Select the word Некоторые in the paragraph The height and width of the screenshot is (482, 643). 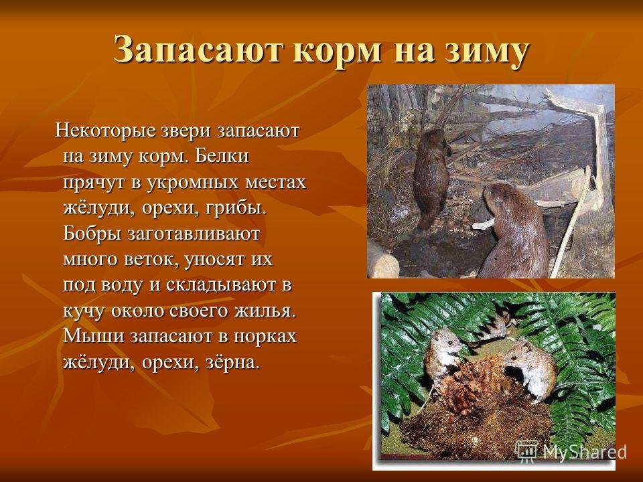tap(104, 131)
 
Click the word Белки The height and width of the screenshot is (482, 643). tap(222, 156)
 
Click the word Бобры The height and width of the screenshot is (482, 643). tap(92, 234)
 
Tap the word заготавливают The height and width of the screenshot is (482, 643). tap(194, 234)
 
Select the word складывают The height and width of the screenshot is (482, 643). tap(220, 285)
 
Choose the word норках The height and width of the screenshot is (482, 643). tap(265, 336)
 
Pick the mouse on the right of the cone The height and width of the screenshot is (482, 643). tap(530, 369)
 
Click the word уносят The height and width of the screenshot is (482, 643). tap(212, 260)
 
